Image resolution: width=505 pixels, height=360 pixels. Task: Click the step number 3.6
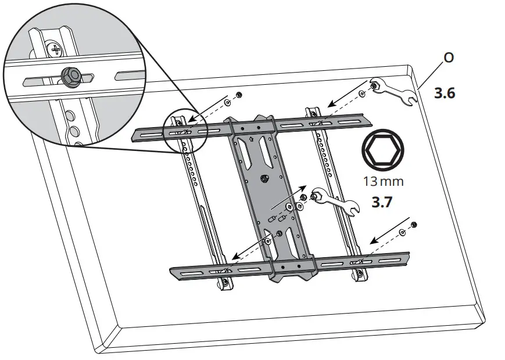[x=445, y=93]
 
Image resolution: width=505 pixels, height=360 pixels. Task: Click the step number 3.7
[x=384, y=204]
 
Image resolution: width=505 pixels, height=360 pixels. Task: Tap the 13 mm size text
[x=383, y=181]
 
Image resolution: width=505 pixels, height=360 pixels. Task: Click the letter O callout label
[x=449, y=59]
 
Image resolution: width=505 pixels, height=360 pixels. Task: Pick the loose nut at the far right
[x=413, y=225]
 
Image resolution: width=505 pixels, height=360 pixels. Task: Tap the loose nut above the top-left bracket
[x=239, y=95]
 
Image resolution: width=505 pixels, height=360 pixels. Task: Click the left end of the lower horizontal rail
[x=174, y=270]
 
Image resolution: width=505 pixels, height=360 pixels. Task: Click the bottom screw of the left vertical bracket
[x=225, y=282]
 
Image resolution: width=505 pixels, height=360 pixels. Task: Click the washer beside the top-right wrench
[x=363, y=93]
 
